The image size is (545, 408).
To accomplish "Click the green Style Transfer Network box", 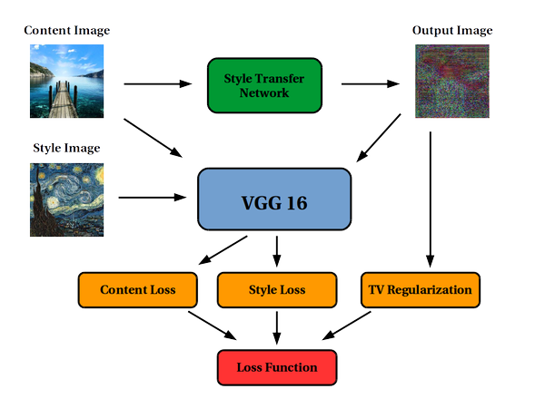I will pos(264,85).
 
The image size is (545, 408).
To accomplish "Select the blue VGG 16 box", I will pos(274,200).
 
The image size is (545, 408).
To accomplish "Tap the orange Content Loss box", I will pos(138,289).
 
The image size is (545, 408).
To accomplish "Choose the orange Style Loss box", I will pos(276,289).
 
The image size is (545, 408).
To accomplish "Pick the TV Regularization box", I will pos(420,289).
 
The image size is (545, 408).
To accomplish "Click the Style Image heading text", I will pos(66,147).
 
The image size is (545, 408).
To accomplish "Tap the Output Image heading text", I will pos(452,30).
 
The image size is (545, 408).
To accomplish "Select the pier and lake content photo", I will pos(66,82).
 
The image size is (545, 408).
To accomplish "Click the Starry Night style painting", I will pos(66,199).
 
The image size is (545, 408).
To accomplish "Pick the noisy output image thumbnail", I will pos(452,82).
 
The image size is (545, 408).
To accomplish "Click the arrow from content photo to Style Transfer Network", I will pos(158,85).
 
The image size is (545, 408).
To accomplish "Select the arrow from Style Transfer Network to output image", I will pos(371,85).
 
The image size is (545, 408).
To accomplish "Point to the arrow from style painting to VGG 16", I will pos(158,196).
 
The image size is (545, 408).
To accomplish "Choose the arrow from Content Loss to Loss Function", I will pos(213,325).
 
